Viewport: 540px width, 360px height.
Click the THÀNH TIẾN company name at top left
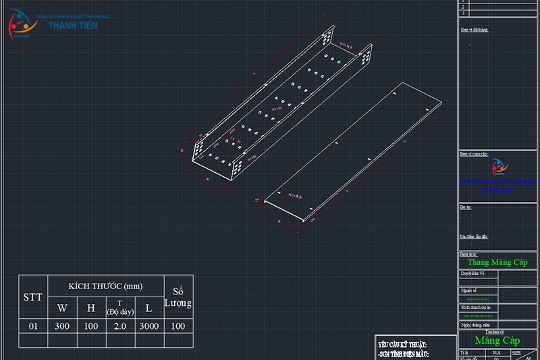[73, 25]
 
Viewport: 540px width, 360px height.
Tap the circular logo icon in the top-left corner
[22, 24]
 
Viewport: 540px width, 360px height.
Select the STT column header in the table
[32, 297]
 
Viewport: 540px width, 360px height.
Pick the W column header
[62, 308]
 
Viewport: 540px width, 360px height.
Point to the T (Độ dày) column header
[119, 307]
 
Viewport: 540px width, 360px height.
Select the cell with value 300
[62, 326]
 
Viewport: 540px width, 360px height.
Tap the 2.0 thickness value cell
[119, 326]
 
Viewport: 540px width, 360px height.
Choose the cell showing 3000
[148, 326]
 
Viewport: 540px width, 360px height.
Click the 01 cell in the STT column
[32, 326]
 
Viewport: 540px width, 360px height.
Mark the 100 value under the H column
[91, 326]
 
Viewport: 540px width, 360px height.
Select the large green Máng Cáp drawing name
[497, 340]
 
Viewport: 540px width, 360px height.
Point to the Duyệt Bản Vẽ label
[473, 274]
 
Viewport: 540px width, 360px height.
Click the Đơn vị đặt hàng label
[474, 30]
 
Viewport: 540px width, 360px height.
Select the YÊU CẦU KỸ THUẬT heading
[404, 344]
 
